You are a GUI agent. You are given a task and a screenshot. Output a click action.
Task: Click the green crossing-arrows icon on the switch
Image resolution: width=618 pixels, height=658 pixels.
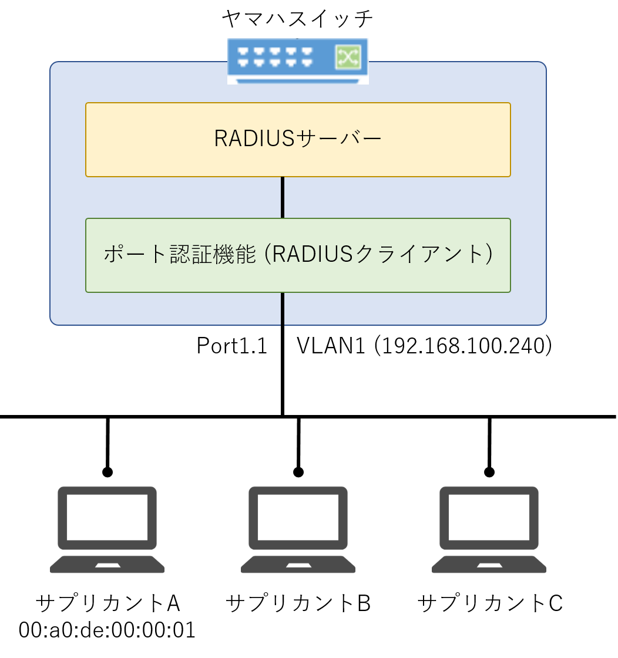coord(348,57)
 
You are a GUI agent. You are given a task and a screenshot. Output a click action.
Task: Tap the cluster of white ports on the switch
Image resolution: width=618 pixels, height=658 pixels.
coord(274,57)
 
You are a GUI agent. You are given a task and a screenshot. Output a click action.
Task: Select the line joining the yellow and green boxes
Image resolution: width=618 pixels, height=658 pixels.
coord(283,197)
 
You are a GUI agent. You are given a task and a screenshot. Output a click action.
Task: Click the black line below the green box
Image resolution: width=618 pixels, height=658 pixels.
coord(283,308)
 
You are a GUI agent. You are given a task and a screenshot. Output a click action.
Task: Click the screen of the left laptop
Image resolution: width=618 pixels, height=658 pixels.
coord(107,517)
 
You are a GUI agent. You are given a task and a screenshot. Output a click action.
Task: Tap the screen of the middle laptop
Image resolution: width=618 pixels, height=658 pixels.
coord(298,517)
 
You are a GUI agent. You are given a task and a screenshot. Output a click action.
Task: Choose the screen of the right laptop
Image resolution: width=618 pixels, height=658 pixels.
coord(489,517)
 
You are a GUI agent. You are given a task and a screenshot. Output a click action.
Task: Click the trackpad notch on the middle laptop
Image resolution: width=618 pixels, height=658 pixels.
coord(298,565)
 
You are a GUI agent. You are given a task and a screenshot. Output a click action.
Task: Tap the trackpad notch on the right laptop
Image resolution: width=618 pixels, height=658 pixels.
coord(489,565)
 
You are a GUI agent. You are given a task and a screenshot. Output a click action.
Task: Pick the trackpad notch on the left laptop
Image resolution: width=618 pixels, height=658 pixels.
coord(108,565)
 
